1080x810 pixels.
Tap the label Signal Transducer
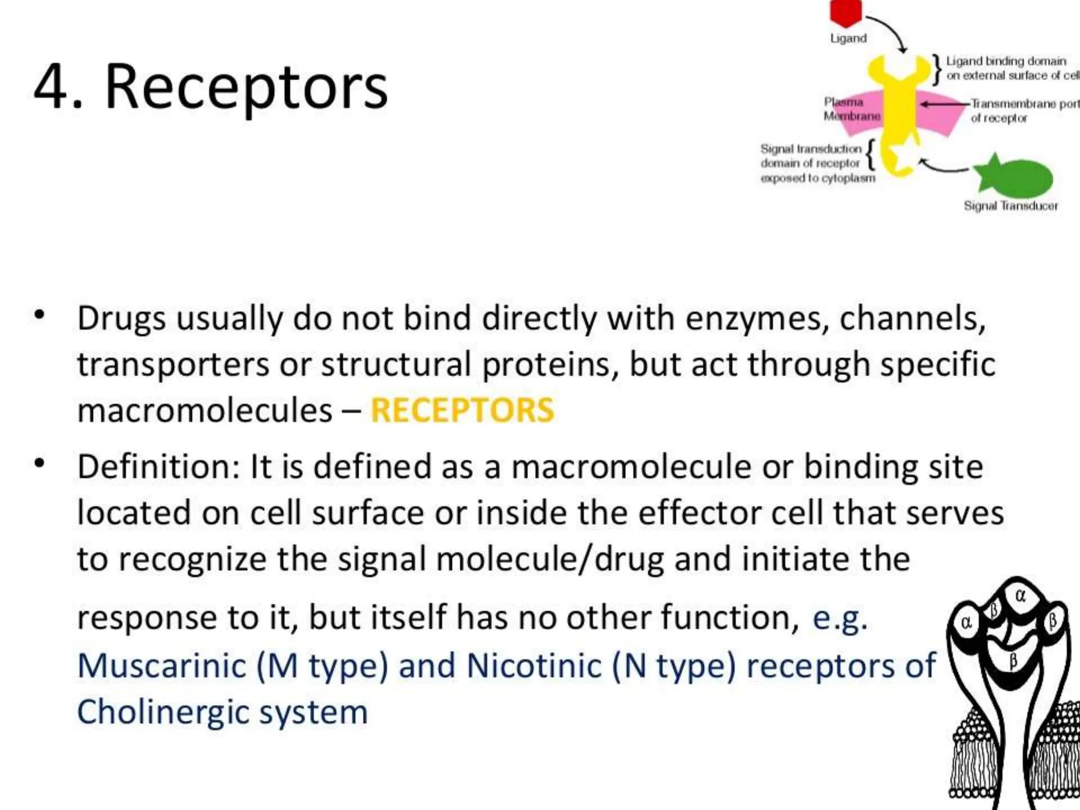coord(1010,206)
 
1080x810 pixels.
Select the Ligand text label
coord(848,38)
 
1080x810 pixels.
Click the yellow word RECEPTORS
coord(462,410)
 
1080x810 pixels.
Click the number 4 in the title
coord(51,87)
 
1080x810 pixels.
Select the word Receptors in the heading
coord(246,87)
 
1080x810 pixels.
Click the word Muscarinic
coord(161,666)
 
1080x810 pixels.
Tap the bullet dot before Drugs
coord(40,315)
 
